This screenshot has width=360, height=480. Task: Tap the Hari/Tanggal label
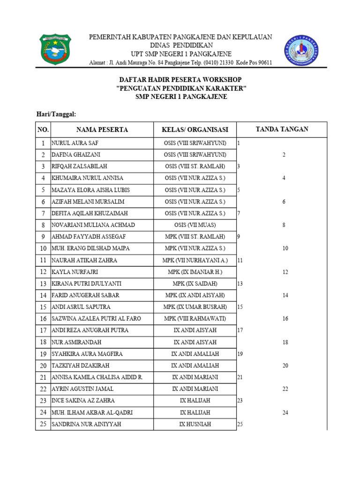[x=56, y=114]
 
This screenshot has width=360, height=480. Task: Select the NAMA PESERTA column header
[x=102, y=130]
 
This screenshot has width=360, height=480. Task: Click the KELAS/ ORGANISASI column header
[x=195, y=130]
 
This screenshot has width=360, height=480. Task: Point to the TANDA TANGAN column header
[x=282, y=129]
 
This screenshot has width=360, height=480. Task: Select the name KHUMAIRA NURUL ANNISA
[x=87, y=178]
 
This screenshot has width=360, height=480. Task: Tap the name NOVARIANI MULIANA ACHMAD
[x=93, y=225]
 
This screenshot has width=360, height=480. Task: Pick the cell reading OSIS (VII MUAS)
[x=195, y=225]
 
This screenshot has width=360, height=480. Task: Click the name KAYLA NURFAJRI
[x=75, y=272]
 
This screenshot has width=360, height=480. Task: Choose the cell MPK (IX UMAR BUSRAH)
[x=195, y=307]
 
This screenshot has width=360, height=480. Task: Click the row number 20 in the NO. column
[x=43, y=366]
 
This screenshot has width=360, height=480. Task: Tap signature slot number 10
[x=285, y=248]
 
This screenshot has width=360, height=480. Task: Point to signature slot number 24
[x=285, y=412]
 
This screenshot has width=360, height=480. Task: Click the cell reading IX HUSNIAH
[x=195, y=424]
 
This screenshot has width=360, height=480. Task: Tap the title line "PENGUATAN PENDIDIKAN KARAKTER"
[x=181, y=88]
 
